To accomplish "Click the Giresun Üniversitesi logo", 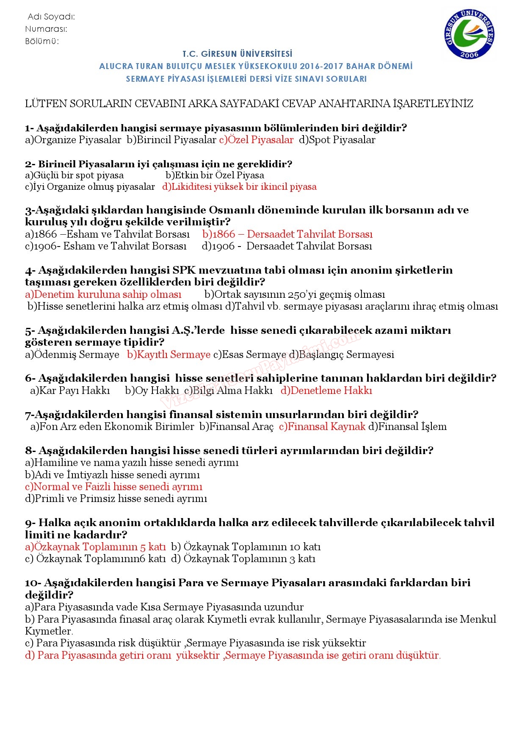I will (x=469, y=34).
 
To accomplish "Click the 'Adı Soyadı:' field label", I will (x=51, y=17).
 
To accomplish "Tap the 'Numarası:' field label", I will (x=46, y=29).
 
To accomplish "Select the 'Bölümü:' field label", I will (x=42, y=41).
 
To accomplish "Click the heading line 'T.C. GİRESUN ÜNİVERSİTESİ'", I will (x=238, y=54).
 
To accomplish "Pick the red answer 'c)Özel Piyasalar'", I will (x=256, y=140).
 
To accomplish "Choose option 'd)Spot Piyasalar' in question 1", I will (x=337, y=140).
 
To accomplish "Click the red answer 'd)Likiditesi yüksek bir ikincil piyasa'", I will (x=239, y=187).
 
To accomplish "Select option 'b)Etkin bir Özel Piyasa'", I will (x=215, y=175).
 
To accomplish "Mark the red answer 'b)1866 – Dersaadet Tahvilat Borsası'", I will (x=287, y=234).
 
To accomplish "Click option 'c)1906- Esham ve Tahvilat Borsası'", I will (x=106, y=246).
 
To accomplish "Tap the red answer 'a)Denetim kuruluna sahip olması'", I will (x=103, y=294).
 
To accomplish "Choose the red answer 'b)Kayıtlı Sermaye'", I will (x=169, y=355).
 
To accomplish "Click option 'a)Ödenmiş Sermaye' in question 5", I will (x=72, y=355).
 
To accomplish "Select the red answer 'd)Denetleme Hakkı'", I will (x=326, y=391).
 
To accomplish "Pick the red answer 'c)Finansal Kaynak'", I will (x=322, y=427).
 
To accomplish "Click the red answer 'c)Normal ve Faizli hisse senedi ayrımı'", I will (x=114, y=487).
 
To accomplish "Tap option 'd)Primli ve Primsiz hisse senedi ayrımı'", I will (x=116, y=499).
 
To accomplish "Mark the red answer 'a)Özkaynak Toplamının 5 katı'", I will (x=96, y=547).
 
